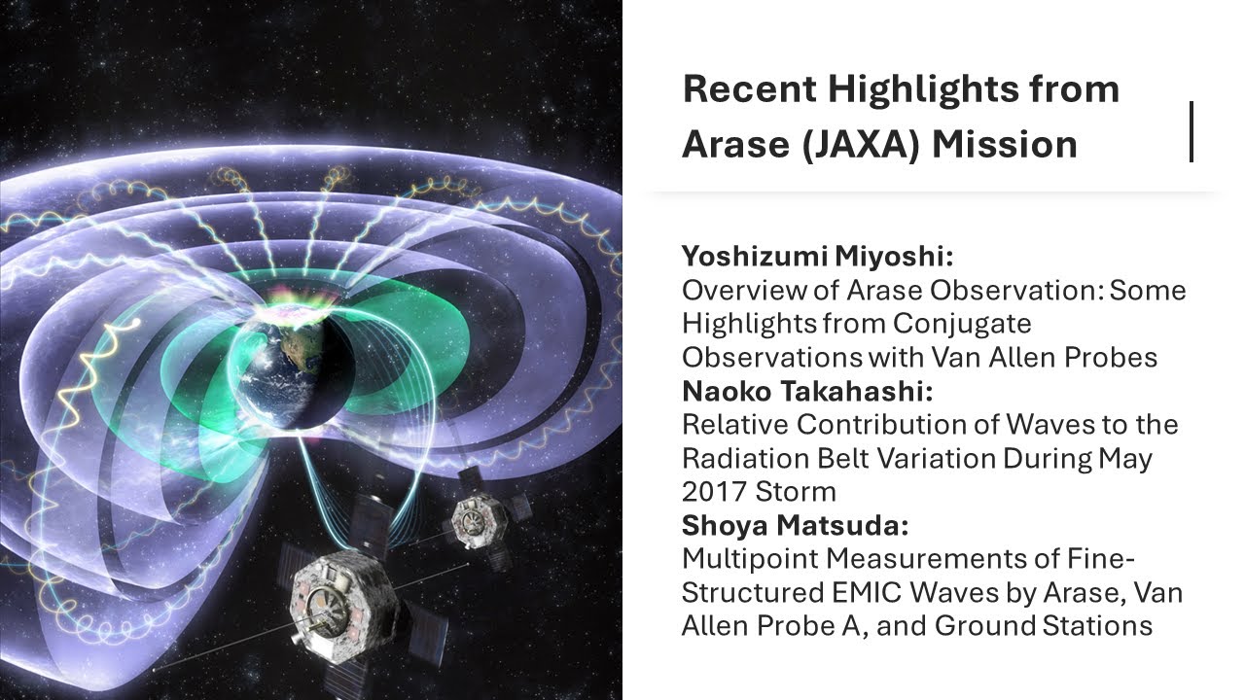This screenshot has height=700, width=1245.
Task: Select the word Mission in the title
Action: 1005,145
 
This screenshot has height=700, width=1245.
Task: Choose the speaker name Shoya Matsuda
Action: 796,525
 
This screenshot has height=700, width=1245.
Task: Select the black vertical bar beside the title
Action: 1191,131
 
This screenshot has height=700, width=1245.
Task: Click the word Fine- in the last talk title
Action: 1099,559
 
